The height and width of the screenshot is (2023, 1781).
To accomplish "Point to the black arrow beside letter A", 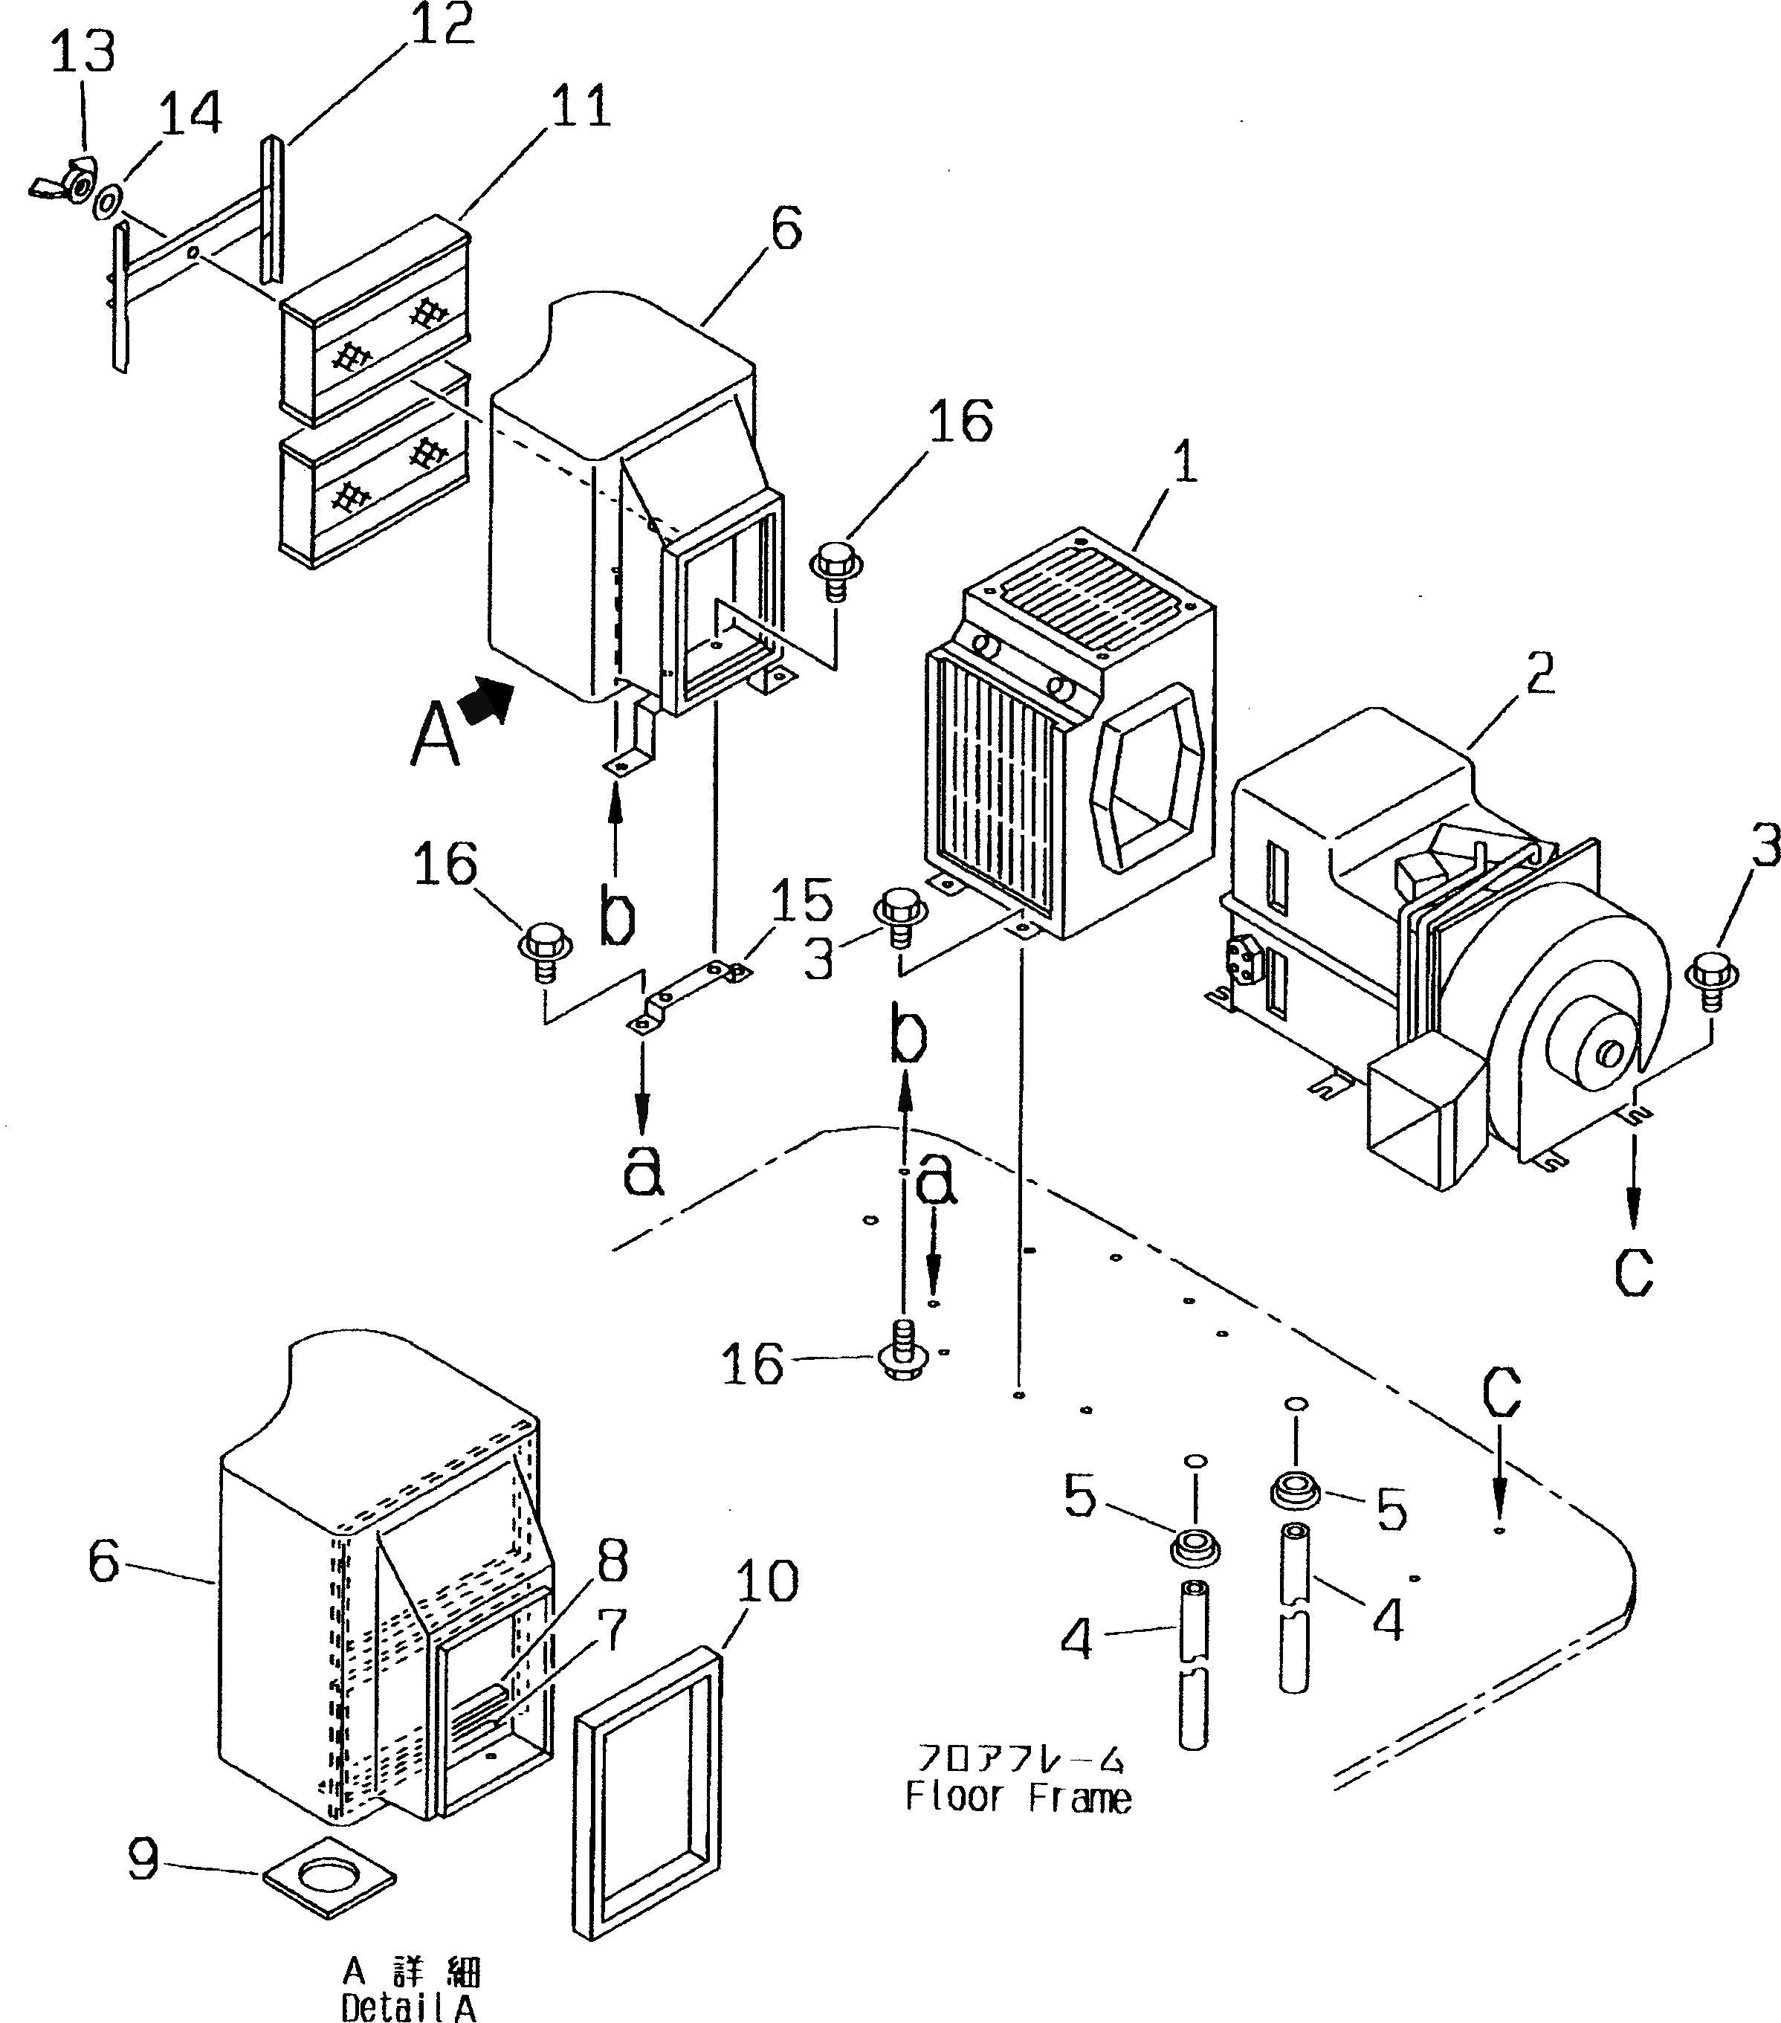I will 490,700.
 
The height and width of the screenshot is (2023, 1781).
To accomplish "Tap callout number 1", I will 1183,462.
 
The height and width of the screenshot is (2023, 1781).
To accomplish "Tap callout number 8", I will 612,1563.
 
